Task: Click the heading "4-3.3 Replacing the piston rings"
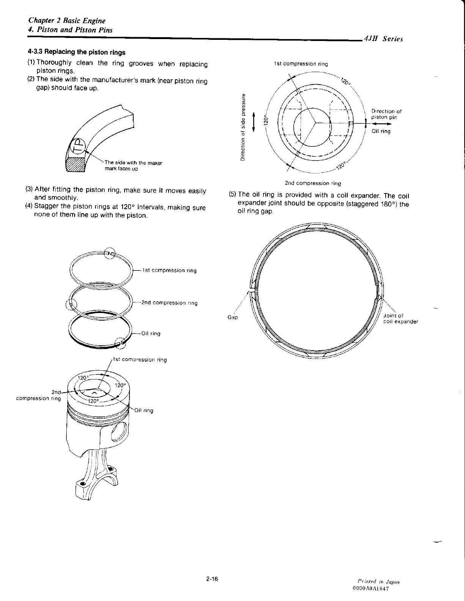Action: pyautogui.click(x=76, y=52)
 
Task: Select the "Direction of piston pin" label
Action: pyautogui.click(x=386, y=114)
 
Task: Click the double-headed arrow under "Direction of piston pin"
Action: pyautogui.click(x=381, y=123)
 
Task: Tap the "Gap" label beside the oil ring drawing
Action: pyautogui.click(x=233, y=317)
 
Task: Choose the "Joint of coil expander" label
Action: pyautogui.click(x=400, y=318)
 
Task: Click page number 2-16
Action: pyautogui.click(x=211, y=579)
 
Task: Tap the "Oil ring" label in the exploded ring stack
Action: pyautogui.click(x=151, y=334)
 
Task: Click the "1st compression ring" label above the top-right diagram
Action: pyautogui.click(x=301, y=64)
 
